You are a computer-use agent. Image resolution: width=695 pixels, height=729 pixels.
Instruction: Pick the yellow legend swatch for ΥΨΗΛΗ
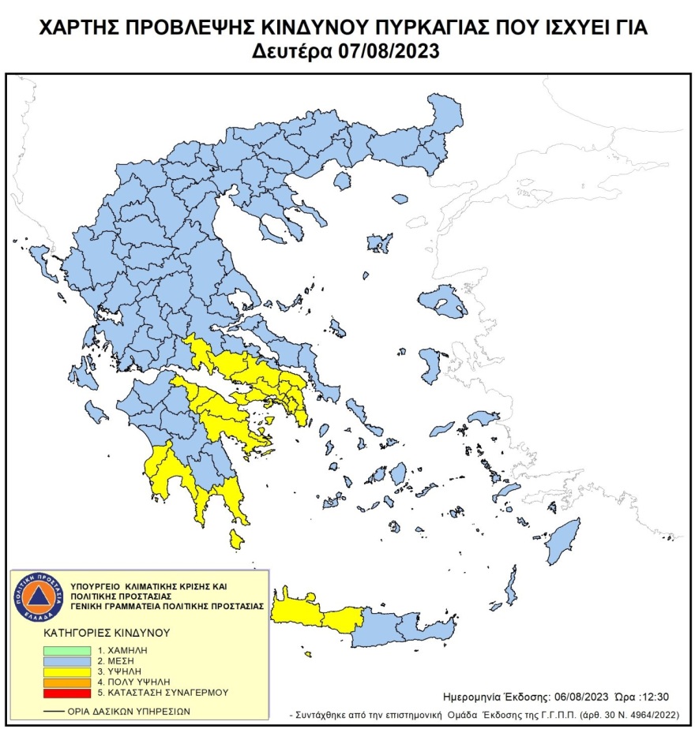[66, 670]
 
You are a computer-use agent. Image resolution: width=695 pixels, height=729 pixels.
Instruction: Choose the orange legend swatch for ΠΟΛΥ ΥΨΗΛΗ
[66, 681]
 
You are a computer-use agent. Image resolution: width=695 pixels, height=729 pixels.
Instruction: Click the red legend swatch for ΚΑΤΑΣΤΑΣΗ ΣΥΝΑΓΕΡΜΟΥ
[66, 692]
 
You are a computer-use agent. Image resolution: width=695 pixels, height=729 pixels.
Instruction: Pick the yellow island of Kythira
[235, 540]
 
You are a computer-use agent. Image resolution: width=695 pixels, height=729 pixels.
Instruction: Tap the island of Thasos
[343, 181]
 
